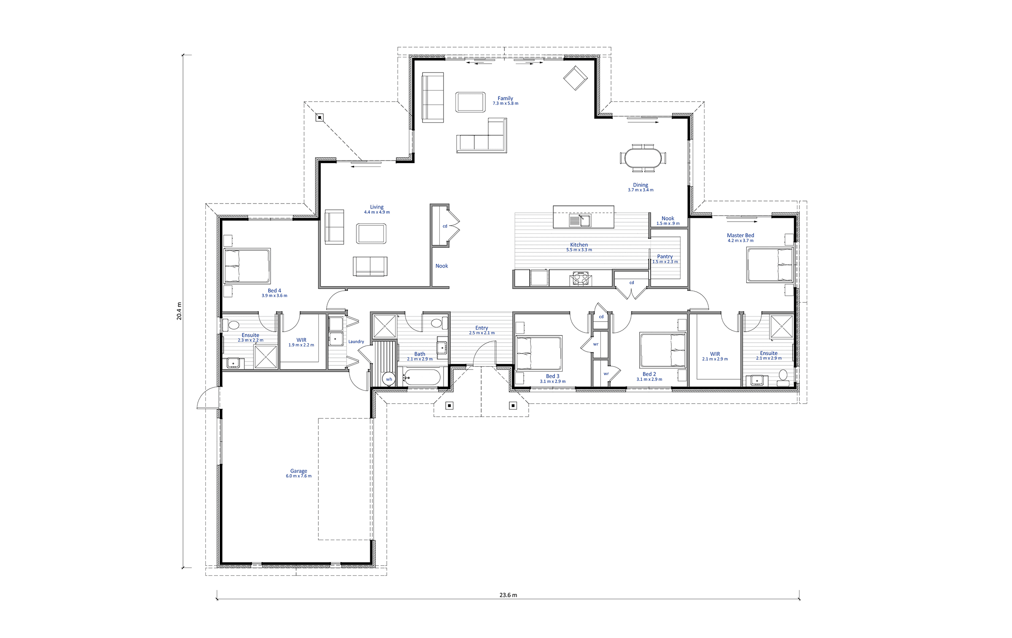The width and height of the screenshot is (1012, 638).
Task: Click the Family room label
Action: click(x=505, y=98)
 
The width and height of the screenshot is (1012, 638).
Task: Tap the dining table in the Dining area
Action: click(x=643, y=158)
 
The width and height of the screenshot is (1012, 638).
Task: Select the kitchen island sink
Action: click(x=580, y=220)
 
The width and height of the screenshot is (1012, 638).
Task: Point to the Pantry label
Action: click(x=665, y=256)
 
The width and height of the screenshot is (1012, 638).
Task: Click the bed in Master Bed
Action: click(x=770, y=265)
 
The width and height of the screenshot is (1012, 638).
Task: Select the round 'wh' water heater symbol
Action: click(x=389, y=379)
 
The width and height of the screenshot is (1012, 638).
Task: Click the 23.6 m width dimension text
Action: click(x=508, y=595)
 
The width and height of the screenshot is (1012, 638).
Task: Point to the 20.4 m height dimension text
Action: click(x=179, y=311)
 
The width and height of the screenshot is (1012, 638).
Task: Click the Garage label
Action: click(x=299, y=471)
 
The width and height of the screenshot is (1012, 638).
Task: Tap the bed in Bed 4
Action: click(x=247, y=265)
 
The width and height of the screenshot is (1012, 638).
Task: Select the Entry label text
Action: click(x=482, y=327)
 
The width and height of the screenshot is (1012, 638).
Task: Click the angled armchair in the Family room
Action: click(x=576, y=78)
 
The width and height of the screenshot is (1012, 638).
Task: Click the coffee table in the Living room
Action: click(x=371, y=233)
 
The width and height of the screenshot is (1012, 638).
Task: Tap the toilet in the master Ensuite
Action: click(x=783, y=378)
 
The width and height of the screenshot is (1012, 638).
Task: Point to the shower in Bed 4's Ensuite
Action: click(x=266, y=357)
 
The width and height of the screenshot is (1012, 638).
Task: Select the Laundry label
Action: click(x=356, y=341)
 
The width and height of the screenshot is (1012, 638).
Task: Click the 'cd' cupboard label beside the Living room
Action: click(x=444, y=226)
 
